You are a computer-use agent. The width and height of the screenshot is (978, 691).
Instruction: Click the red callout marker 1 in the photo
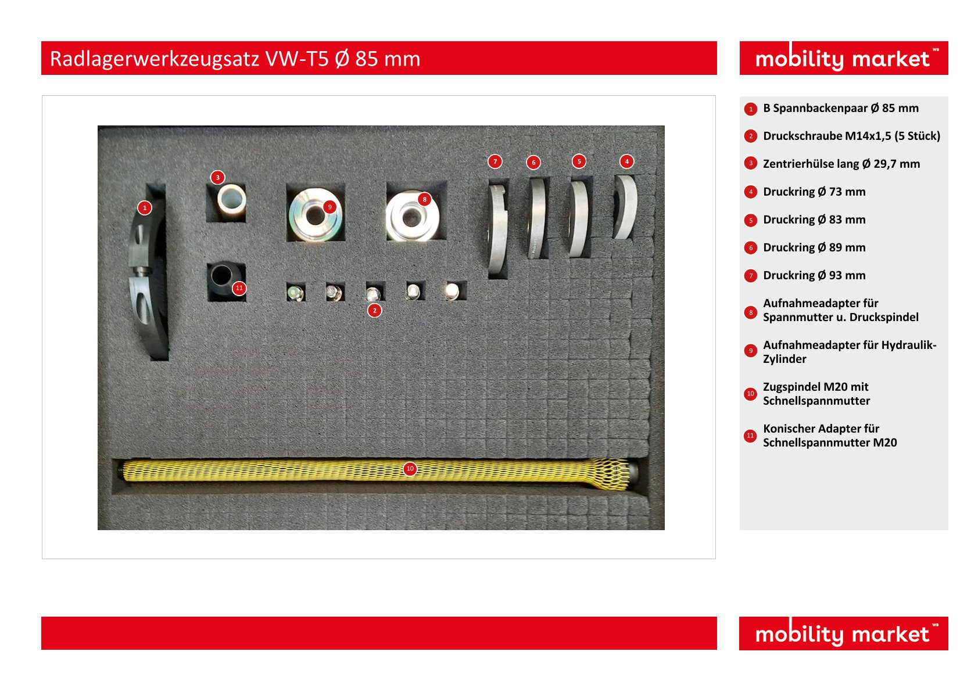tap(145, 207)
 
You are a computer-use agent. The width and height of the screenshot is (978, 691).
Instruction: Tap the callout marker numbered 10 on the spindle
tap(410, 469)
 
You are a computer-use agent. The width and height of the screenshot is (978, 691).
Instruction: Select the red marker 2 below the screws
tap(375, 311)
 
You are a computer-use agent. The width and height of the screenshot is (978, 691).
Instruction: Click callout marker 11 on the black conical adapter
tap(239, 288)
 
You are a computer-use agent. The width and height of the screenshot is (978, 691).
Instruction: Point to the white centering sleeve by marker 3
tap(231, 201)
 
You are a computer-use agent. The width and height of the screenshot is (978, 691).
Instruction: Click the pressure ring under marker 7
tap(497, 229)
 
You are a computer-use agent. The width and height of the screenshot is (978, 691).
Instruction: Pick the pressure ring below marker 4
tap(625, 207)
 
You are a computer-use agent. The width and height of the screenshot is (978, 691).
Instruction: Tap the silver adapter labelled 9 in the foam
tap(314, 214)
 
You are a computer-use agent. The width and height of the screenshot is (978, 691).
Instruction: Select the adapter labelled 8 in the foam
tap(411, 217)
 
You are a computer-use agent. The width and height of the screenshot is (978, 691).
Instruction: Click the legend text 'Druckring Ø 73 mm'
tap(814, 192)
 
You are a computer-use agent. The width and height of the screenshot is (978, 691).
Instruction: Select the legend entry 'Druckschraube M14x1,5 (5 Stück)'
tap(851, 136)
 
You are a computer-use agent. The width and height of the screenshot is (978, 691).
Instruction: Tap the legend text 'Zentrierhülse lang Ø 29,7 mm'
tap(841, 164)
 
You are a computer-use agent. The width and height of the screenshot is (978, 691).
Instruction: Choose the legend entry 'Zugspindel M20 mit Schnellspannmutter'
tap(816, 394)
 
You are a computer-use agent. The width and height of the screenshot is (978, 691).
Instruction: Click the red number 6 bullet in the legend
tap(750, 248)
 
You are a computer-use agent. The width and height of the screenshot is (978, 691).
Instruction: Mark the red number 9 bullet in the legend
tap(750, 351)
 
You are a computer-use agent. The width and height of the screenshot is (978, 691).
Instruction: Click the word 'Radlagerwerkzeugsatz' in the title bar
tap(154, 59)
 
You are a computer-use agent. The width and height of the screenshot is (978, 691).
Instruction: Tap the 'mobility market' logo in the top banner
tap(843, 58)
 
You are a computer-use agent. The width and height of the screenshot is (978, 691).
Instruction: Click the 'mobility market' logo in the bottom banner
tap(843, 634)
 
